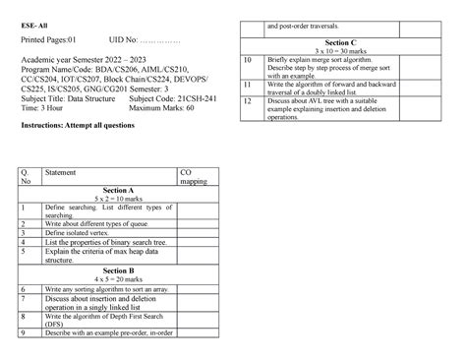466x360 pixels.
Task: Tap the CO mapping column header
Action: click(193, 177)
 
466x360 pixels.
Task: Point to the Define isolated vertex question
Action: click(80, 233)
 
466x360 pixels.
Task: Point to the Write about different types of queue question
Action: click(100, 224)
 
